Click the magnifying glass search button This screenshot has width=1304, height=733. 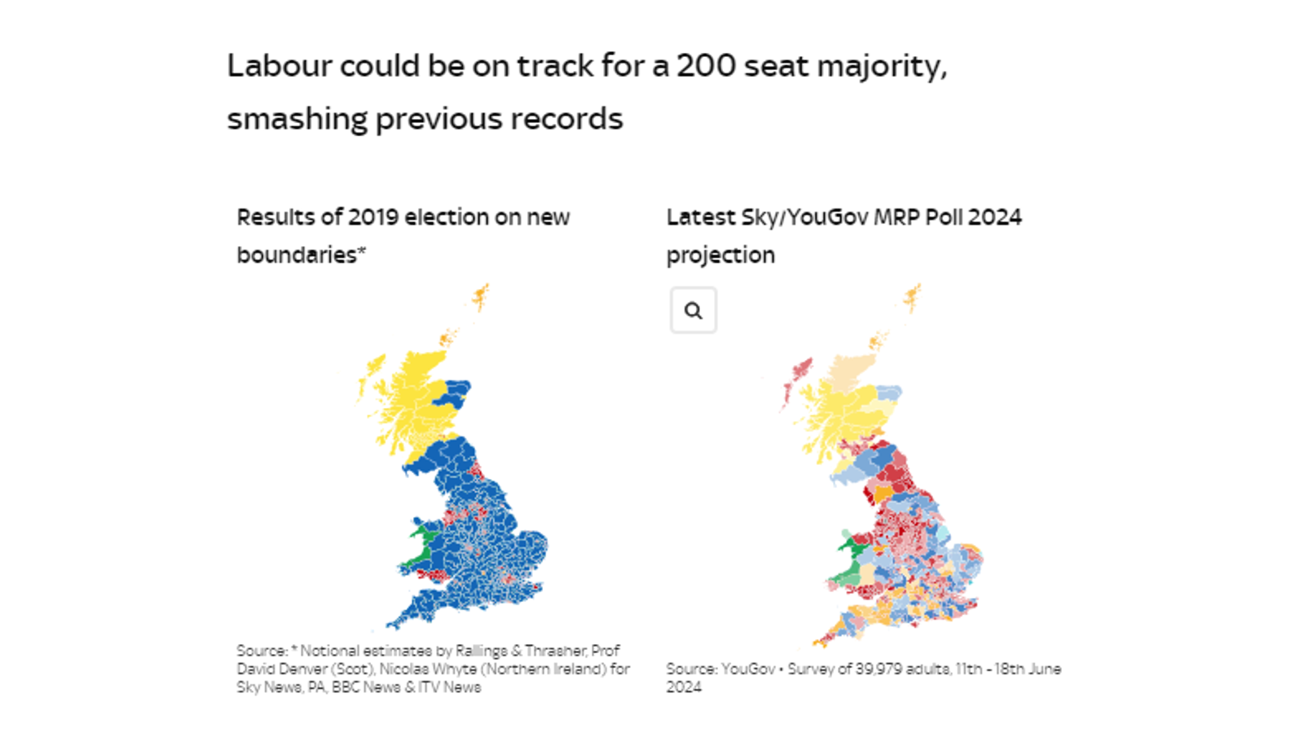(693, 310)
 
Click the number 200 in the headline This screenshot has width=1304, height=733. (706, 66)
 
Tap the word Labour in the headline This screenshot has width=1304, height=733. (279, 66)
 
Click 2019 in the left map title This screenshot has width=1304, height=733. (372, 217)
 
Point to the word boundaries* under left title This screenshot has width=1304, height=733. (301, 255)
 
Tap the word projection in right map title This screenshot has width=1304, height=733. (720, 256)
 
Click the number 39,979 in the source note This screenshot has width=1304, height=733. (879, 669)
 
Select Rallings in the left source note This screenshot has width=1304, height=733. (481, 651)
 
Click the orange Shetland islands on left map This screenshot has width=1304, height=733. (481, 297)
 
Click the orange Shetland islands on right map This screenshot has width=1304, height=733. (913, 297)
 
